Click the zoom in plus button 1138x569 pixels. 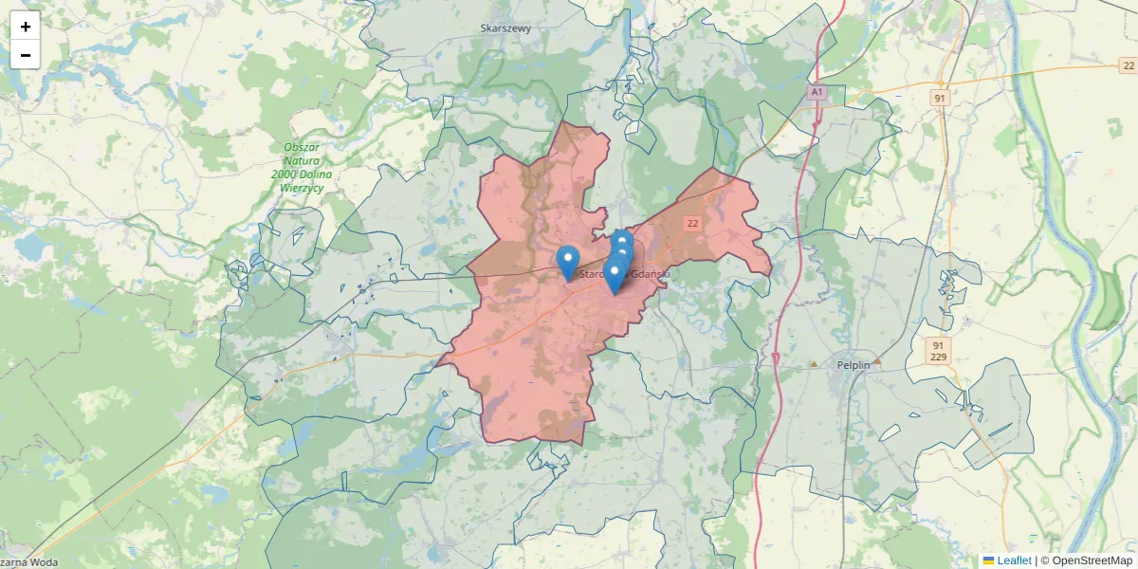click(x=26, y=27)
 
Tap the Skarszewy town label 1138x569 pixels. click(x=505, y=28)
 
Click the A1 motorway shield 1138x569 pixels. click(x=817, y=92)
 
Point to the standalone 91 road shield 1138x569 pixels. click(x=939, y=98)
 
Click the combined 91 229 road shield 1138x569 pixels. click(x=937, y=351)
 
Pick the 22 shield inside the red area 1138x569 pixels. click(x=692, y=223)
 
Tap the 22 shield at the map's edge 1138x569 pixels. click(x=1127, y=65)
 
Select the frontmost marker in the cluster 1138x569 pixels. click(x=615, y=276)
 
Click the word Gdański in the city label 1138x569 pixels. click(x=651, y=274)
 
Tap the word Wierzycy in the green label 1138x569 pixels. click(x=303, y=188)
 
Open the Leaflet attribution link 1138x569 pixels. click(x=1014, y=560)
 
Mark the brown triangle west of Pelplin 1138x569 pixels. click(x=813, y=363)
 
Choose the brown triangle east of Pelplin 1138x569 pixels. click(x=877, y=361)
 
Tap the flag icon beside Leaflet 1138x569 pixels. click(x=988, y=560)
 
